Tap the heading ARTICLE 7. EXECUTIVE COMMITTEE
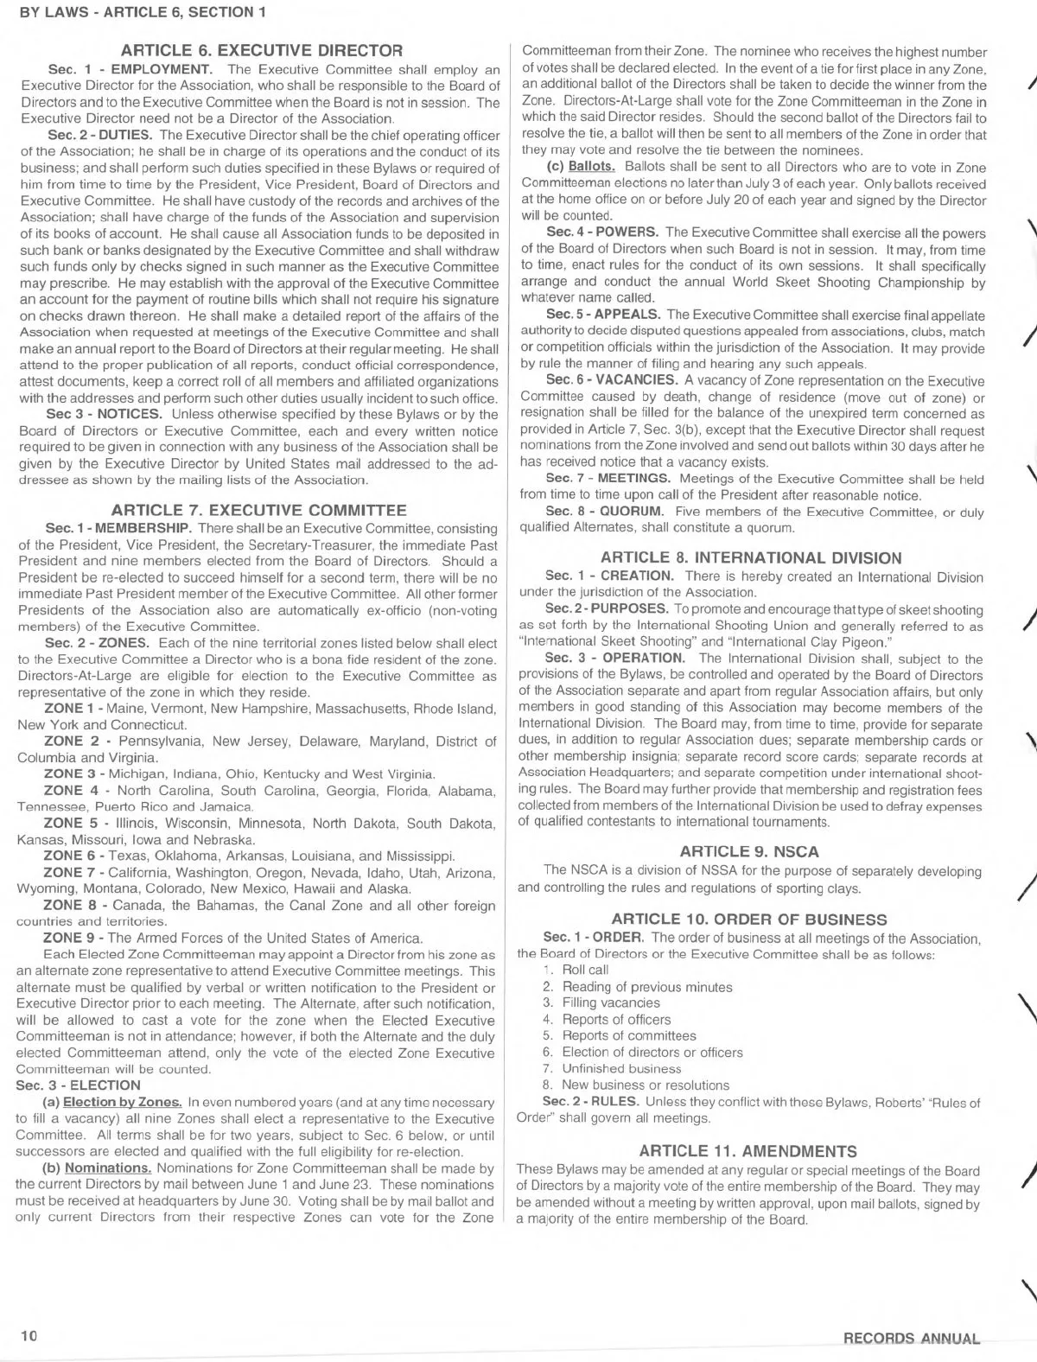coord(258,510)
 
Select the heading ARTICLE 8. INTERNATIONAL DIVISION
coord(751,557)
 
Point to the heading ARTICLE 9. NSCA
coord(749,851)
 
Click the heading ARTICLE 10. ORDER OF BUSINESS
coord(749,920)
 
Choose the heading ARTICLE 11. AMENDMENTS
coord(748,1151)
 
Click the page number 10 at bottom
coord(29,1335)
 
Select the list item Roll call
coord(585,971)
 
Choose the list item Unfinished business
coord(621,1069)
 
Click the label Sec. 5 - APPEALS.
coord(603,315)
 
